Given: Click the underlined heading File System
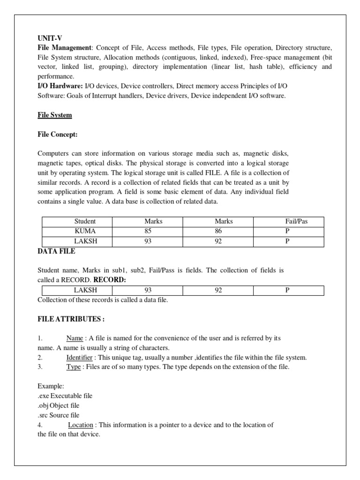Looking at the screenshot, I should click(x=54, y=115).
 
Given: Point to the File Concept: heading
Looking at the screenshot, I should click(x=57, y=135).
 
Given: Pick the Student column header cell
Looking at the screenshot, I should click(x=85, y=221).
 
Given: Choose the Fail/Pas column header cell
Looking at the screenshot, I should click(x=288, y=221).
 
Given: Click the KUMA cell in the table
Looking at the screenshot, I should click(x=85, y=231).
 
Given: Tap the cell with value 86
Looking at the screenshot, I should click(x=218, y=231).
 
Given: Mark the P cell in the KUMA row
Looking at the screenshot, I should click(x=288, y=231).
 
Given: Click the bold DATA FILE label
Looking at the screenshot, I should click(x=56, y=252).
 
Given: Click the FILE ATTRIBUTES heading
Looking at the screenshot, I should click(x=71, y=319).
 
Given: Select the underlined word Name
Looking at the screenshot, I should click(x=74, y=338).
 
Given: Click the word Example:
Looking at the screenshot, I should click(x=51, y=386).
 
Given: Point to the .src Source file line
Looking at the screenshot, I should click(x=59, y=415).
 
